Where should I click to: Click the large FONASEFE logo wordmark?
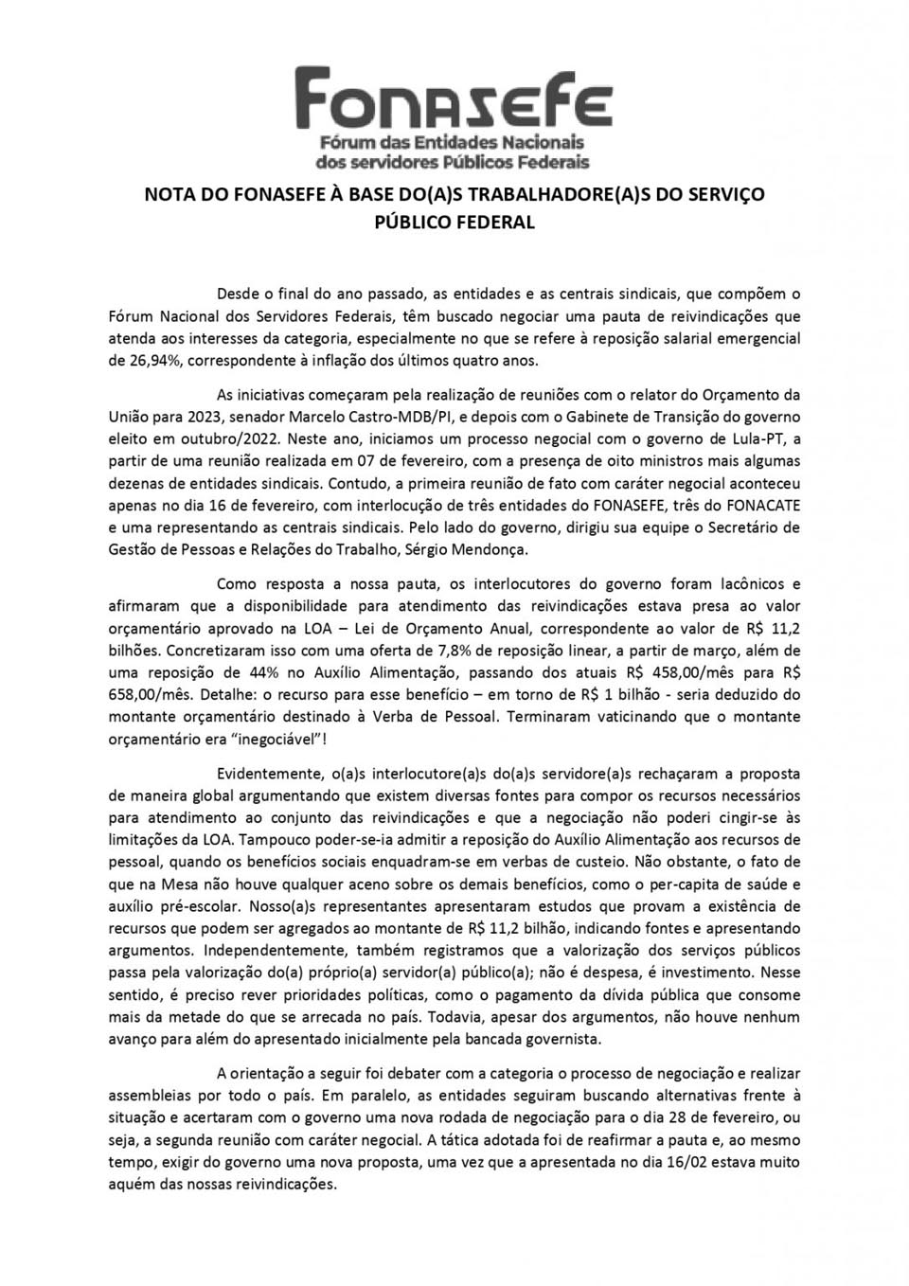(x=454, y=98)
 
